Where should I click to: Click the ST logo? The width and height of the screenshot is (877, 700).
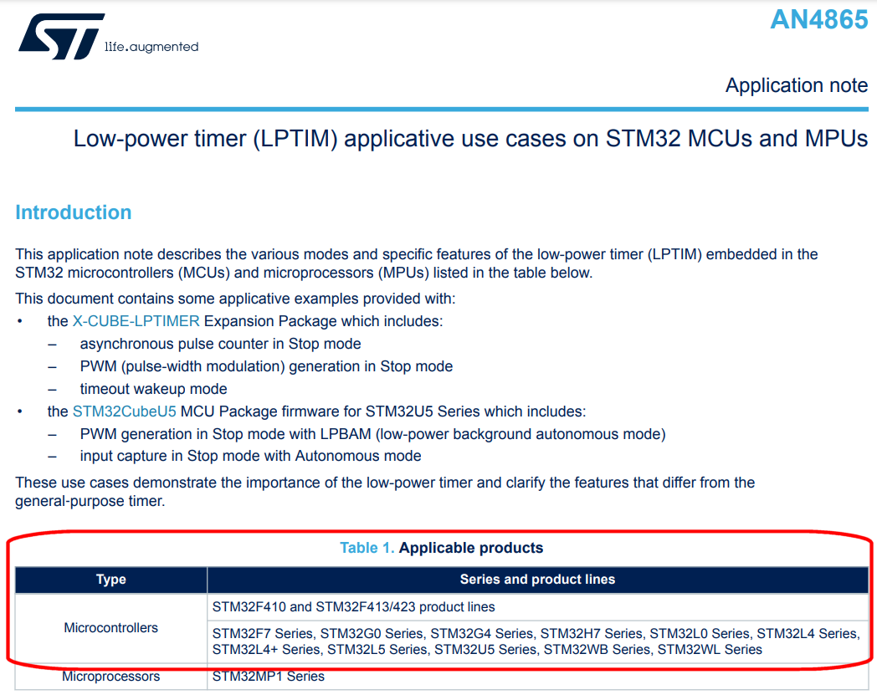[62, 36]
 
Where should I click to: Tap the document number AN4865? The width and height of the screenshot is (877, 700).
[818, 19]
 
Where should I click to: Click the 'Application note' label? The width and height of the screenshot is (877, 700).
[797, 85]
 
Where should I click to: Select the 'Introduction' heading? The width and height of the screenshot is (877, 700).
[74, 212]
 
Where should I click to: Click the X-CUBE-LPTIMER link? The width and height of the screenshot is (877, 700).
[136, 321]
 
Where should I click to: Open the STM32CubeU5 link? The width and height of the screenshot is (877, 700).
[124, 411]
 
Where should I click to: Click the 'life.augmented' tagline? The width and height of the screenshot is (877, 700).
[151, 47]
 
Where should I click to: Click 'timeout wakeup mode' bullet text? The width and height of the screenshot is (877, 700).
[153, 389]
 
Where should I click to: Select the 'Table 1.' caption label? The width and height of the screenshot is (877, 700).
[367, 548]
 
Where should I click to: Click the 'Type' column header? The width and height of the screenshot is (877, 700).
[110, 580]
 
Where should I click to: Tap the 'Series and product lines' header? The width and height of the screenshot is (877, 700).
[537, 580]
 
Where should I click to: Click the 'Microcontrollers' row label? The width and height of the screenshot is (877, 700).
[110, 628]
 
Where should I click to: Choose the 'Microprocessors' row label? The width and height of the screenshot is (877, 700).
[110, 676]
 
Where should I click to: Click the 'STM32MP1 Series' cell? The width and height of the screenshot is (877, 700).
[269, 676]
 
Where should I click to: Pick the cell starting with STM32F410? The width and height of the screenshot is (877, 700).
[353, 606]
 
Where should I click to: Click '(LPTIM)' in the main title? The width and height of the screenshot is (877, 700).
[295, 139]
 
